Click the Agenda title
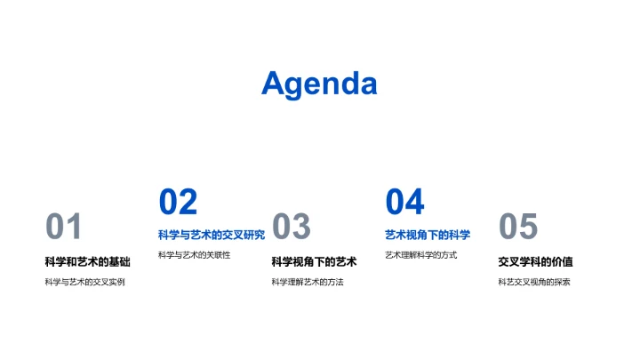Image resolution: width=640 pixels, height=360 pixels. click(319, 84)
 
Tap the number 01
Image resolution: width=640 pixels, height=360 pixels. click(64, 228)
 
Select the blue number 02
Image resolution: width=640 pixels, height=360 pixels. click(178, 202)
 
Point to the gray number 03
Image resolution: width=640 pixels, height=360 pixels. click(291, 228)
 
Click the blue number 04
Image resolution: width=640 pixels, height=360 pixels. click(404, 202)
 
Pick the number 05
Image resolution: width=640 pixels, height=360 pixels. click(518, 228)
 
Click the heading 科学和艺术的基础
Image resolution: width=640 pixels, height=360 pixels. click(87, 261)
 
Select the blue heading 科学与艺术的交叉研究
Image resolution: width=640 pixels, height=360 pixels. click(212, 235)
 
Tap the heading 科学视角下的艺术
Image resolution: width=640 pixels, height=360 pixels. click(314, 261)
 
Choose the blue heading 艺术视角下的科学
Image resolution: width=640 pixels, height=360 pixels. click(428, 235)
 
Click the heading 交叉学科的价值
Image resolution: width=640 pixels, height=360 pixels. click(535, 261)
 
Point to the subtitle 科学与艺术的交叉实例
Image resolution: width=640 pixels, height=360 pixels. click(85, 282)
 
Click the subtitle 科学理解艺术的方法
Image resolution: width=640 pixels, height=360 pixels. click(307, 282)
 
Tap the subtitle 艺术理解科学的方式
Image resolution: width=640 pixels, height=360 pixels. click(420, 255)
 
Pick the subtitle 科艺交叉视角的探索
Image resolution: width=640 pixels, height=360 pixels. click(533, 282)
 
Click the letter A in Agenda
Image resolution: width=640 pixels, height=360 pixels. click(275, 84)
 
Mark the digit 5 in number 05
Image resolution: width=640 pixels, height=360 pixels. click(529, 228)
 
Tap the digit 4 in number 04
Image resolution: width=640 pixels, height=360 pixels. click(415, 202)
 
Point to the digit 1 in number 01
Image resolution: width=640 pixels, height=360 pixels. click(74, 228)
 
